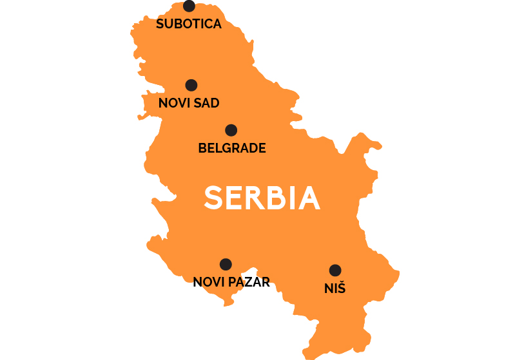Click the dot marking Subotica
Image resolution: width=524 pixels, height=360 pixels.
tap(189, 6)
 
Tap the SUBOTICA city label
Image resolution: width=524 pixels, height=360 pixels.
tap(189, 24)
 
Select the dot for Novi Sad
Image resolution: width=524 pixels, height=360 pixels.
tap(191, 85)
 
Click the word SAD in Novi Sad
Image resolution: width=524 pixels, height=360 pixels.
tap(206, 103)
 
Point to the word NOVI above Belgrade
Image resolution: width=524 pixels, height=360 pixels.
tap(173, 103)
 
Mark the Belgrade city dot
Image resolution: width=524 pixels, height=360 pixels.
tap(231, 130)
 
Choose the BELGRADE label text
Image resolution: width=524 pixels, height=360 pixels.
tap(232, 148)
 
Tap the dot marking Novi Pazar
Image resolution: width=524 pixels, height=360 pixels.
tap(226, 264)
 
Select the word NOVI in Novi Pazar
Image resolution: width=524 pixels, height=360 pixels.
tap(207, 281)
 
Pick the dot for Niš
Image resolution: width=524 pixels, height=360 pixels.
tap(335, 270)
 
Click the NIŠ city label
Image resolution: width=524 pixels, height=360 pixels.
tap(335, 289)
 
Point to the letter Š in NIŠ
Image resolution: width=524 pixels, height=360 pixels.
tap(341, 288)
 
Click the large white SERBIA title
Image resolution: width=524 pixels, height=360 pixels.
tap(262, 198)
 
